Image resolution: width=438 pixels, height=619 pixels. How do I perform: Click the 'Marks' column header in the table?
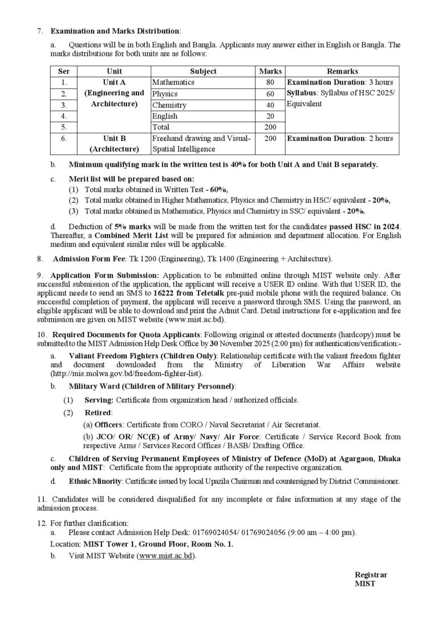pyautogui.click(x=270, y=71)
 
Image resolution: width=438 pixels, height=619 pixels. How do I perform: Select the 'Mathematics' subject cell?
pyautogui.click(x=173, y=82)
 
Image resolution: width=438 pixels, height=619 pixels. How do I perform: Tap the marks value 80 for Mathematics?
pyautogui.click(x=270, y=82)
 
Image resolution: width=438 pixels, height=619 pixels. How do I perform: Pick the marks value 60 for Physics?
pyautogui.click(x=270, y=94)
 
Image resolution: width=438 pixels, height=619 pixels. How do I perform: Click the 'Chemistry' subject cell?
pyautogui.click(x=169, y=105)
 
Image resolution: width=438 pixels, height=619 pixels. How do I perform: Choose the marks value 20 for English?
pyautogui.click(x=270, y=116)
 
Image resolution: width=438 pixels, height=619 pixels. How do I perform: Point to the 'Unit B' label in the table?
pyautogui.click(x=114, y=138)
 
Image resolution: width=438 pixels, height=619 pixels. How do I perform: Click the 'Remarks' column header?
pyautogui.click(x=342, y=71)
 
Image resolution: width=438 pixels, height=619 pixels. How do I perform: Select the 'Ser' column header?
pyautogui.click(x=64, y=71)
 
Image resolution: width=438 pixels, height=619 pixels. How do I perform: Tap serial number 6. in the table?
pyautogui.click(x=64, y=138)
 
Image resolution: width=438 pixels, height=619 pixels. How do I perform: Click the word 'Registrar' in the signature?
pyautogui.click(x=371, y=575)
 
